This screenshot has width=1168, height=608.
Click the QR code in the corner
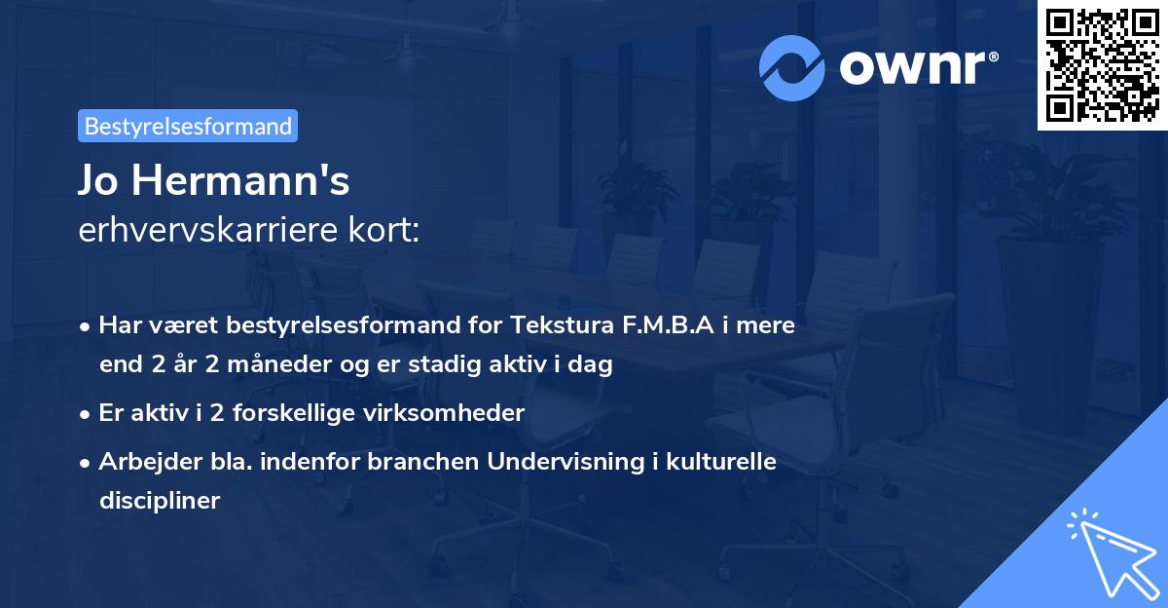(x=1102, y=64)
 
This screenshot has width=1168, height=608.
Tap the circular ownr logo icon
(x=792, y=67)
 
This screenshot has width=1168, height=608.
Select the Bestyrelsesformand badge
(x=188, y=126)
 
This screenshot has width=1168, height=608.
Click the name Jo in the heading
(x=101, y=181)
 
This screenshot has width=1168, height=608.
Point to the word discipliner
(x=160, y=501)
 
